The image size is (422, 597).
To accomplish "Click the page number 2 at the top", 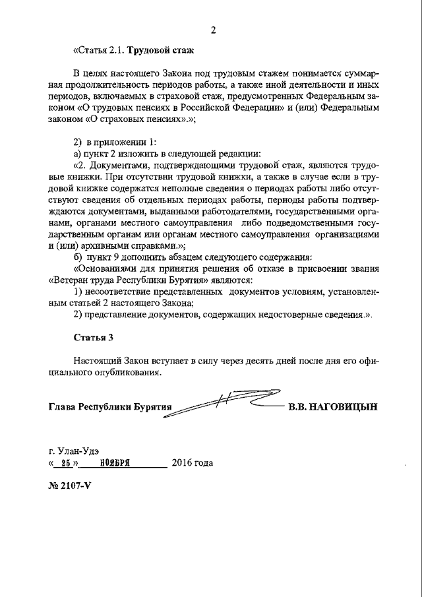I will (213, 30).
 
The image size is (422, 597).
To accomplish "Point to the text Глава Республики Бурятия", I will (109, 407).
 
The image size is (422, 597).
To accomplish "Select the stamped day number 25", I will (65, 463).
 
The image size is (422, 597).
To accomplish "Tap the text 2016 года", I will (192, 463).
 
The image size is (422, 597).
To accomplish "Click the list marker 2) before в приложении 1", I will (77, 142).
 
